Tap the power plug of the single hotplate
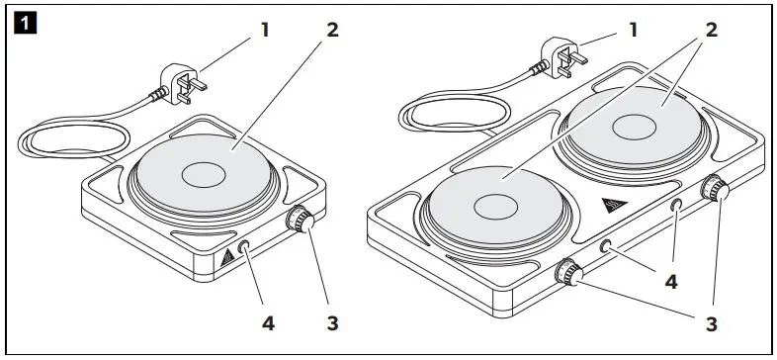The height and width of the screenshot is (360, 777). click(184, 82)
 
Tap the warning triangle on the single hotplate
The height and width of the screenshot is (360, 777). click(228, 256)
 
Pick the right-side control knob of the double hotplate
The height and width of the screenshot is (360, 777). click(713, 189)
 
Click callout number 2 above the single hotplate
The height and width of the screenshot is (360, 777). click(333, 29)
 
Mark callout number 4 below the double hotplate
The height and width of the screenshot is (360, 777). click(670, 283)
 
